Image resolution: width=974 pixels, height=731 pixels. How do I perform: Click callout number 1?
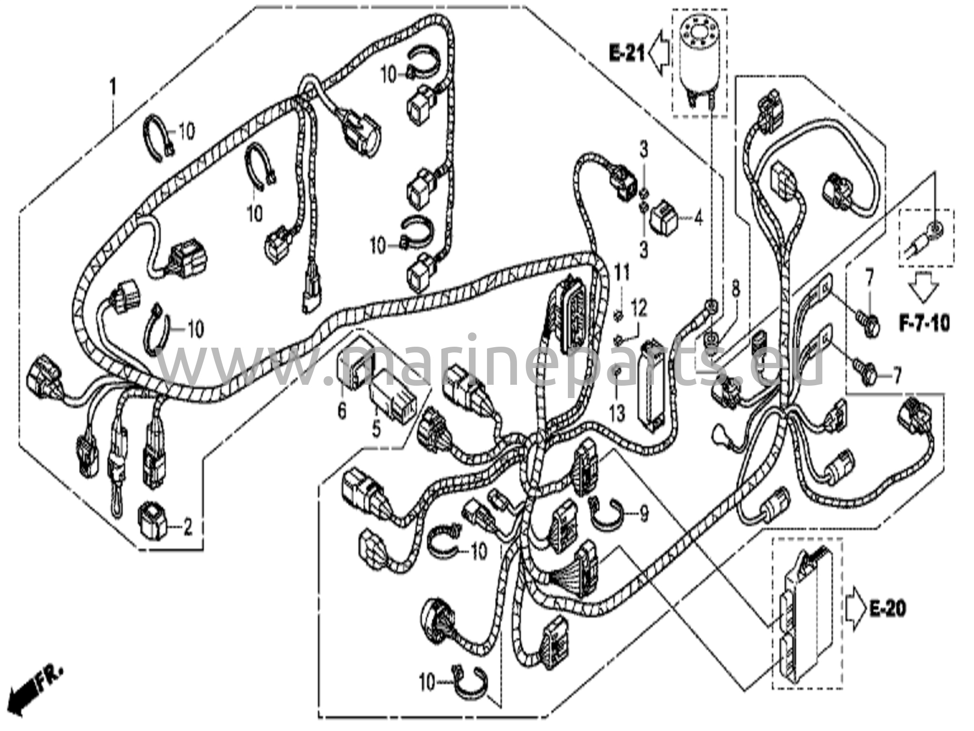tap(113, 88)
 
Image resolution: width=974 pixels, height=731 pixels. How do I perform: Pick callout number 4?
tap(698, 219)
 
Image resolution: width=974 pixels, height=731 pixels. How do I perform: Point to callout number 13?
tap(617, 414)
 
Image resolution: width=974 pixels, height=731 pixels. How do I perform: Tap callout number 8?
tap(736, 288)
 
